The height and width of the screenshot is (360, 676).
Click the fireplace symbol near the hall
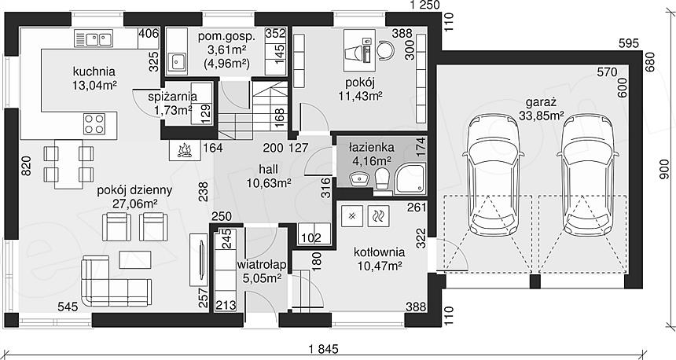click(185, 149)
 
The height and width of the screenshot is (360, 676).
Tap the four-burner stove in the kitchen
click(94, 123)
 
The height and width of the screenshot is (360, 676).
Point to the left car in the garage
click(494, 175)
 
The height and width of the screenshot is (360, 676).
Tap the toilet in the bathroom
click(382, 178)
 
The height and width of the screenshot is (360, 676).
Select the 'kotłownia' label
click(380, 252)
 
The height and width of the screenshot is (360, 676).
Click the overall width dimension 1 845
click(322, 348)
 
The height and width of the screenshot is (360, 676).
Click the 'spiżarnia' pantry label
click(172, 97)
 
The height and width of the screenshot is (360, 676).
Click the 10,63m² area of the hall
click(269, 183)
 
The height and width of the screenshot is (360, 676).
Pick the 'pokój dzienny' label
click(134, 190)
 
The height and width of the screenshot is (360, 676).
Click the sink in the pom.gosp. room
click(177, 62)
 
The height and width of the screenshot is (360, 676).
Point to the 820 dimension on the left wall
click(26, 167)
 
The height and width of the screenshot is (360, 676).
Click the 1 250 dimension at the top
click(424, 6)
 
